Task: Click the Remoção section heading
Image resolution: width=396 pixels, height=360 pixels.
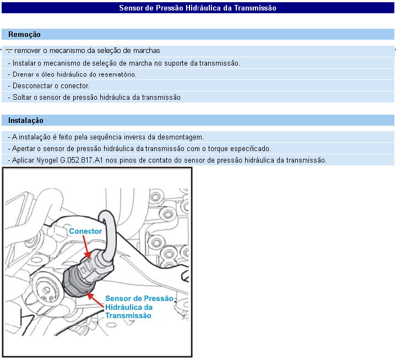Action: (24, 35)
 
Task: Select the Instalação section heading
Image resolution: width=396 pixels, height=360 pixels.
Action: (26, 121)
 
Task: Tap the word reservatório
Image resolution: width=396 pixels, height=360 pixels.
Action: (118, 74)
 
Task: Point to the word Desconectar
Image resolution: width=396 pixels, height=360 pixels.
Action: (33, 86)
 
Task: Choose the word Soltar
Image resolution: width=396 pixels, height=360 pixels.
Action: (21, 98)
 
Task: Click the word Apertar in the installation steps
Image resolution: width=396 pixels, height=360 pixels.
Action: (24, 149)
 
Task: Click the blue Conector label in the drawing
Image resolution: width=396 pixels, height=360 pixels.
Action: (85, 232)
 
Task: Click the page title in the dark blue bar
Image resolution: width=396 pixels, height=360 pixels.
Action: (198, 8)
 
